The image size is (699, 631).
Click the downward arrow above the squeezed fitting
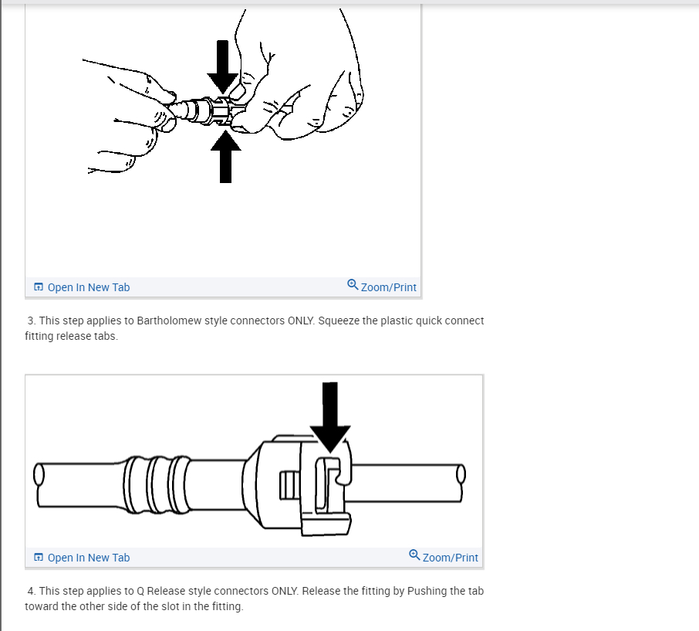point(222,67)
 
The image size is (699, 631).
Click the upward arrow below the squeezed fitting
point(225,156)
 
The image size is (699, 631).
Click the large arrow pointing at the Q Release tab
point(330,417)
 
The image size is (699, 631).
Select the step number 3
point(31,321)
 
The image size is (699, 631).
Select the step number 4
point(31,591)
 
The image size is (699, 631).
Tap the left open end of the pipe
point(39,474)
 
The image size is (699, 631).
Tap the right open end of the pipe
point(461,474)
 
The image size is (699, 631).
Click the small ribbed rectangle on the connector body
point(289,486)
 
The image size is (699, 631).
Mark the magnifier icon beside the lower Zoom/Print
point(414,555)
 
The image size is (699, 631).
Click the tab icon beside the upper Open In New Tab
point(39,287)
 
